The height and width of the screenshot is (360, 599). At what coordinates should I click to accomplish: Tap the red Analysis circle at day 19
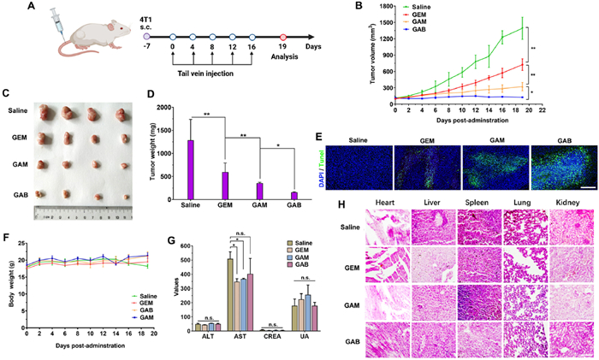point(283,37)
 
